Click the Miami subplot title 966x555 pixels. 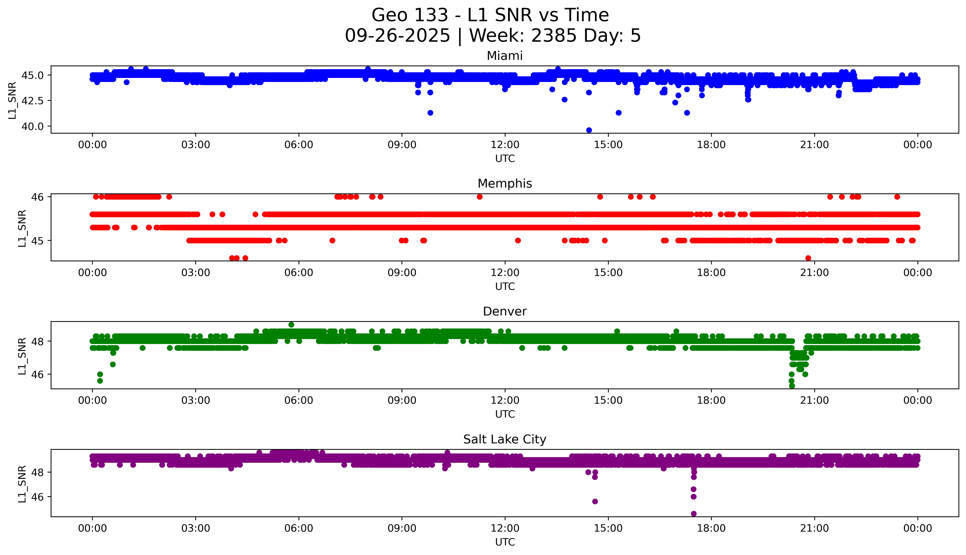504,56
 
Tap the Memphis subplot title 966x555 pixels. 504,184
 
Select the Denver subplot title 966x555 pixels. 504,311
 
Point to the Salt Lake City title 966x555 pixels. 504,440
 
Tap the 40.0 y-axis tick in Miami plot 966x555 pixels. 32,126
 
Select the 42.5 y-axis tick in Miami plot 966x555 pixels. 32,101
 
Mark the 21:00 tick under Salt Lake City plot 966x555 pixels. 814,528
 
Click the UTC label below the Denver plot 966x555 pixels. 505,414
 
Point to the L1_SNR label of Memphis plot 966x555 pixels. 22,228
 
